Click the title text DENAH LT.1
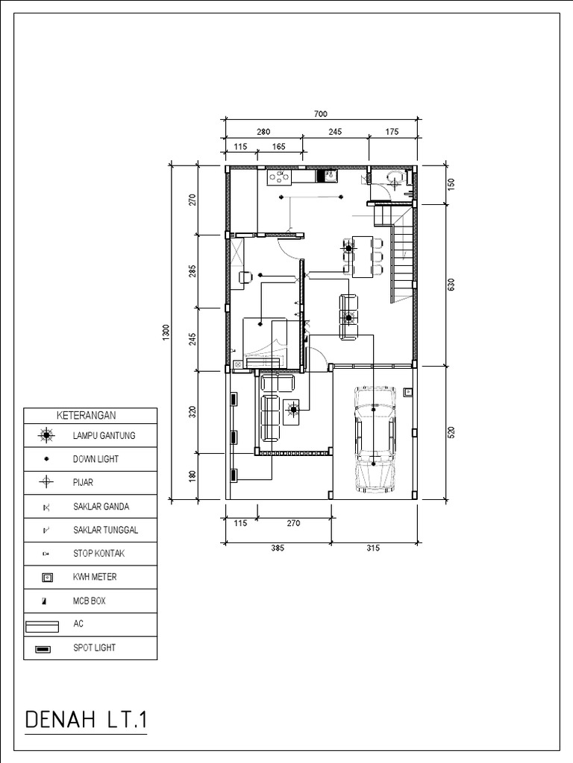click(x=87, y=721)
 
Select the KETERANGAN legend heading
click(x=90, y=415)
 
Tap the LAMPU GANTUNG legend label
click(x=104, y=435)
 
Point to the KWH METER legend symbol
click(x=46, y=577)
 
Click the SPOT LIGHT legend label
click(x=94, y=648)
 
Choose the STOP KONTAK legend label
click(x=100, y=553)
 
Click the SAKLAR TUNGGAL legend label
click(x=105, y=530)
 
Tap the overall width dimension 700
click(x=320, y=114)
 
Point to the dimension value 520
click(x=451, y=433)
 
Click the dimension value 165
click(x=279, y=147)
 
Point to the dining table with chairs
click(x=363, y=256)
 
